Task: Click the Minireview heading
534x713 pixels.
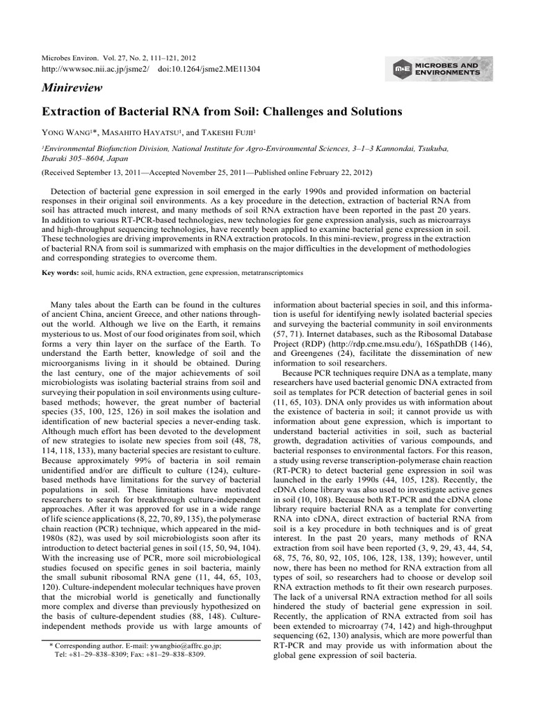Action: pos(72,89)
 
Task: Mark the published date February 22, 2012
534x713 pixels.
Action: pos(338,171)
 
